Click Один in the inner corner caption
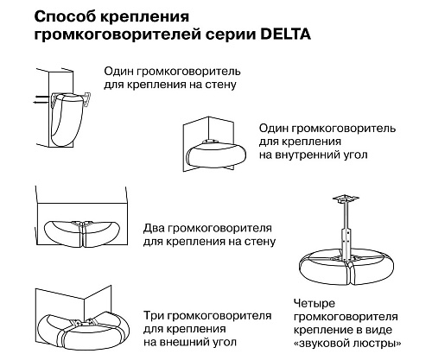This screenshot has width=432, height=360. coord(276,128)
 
